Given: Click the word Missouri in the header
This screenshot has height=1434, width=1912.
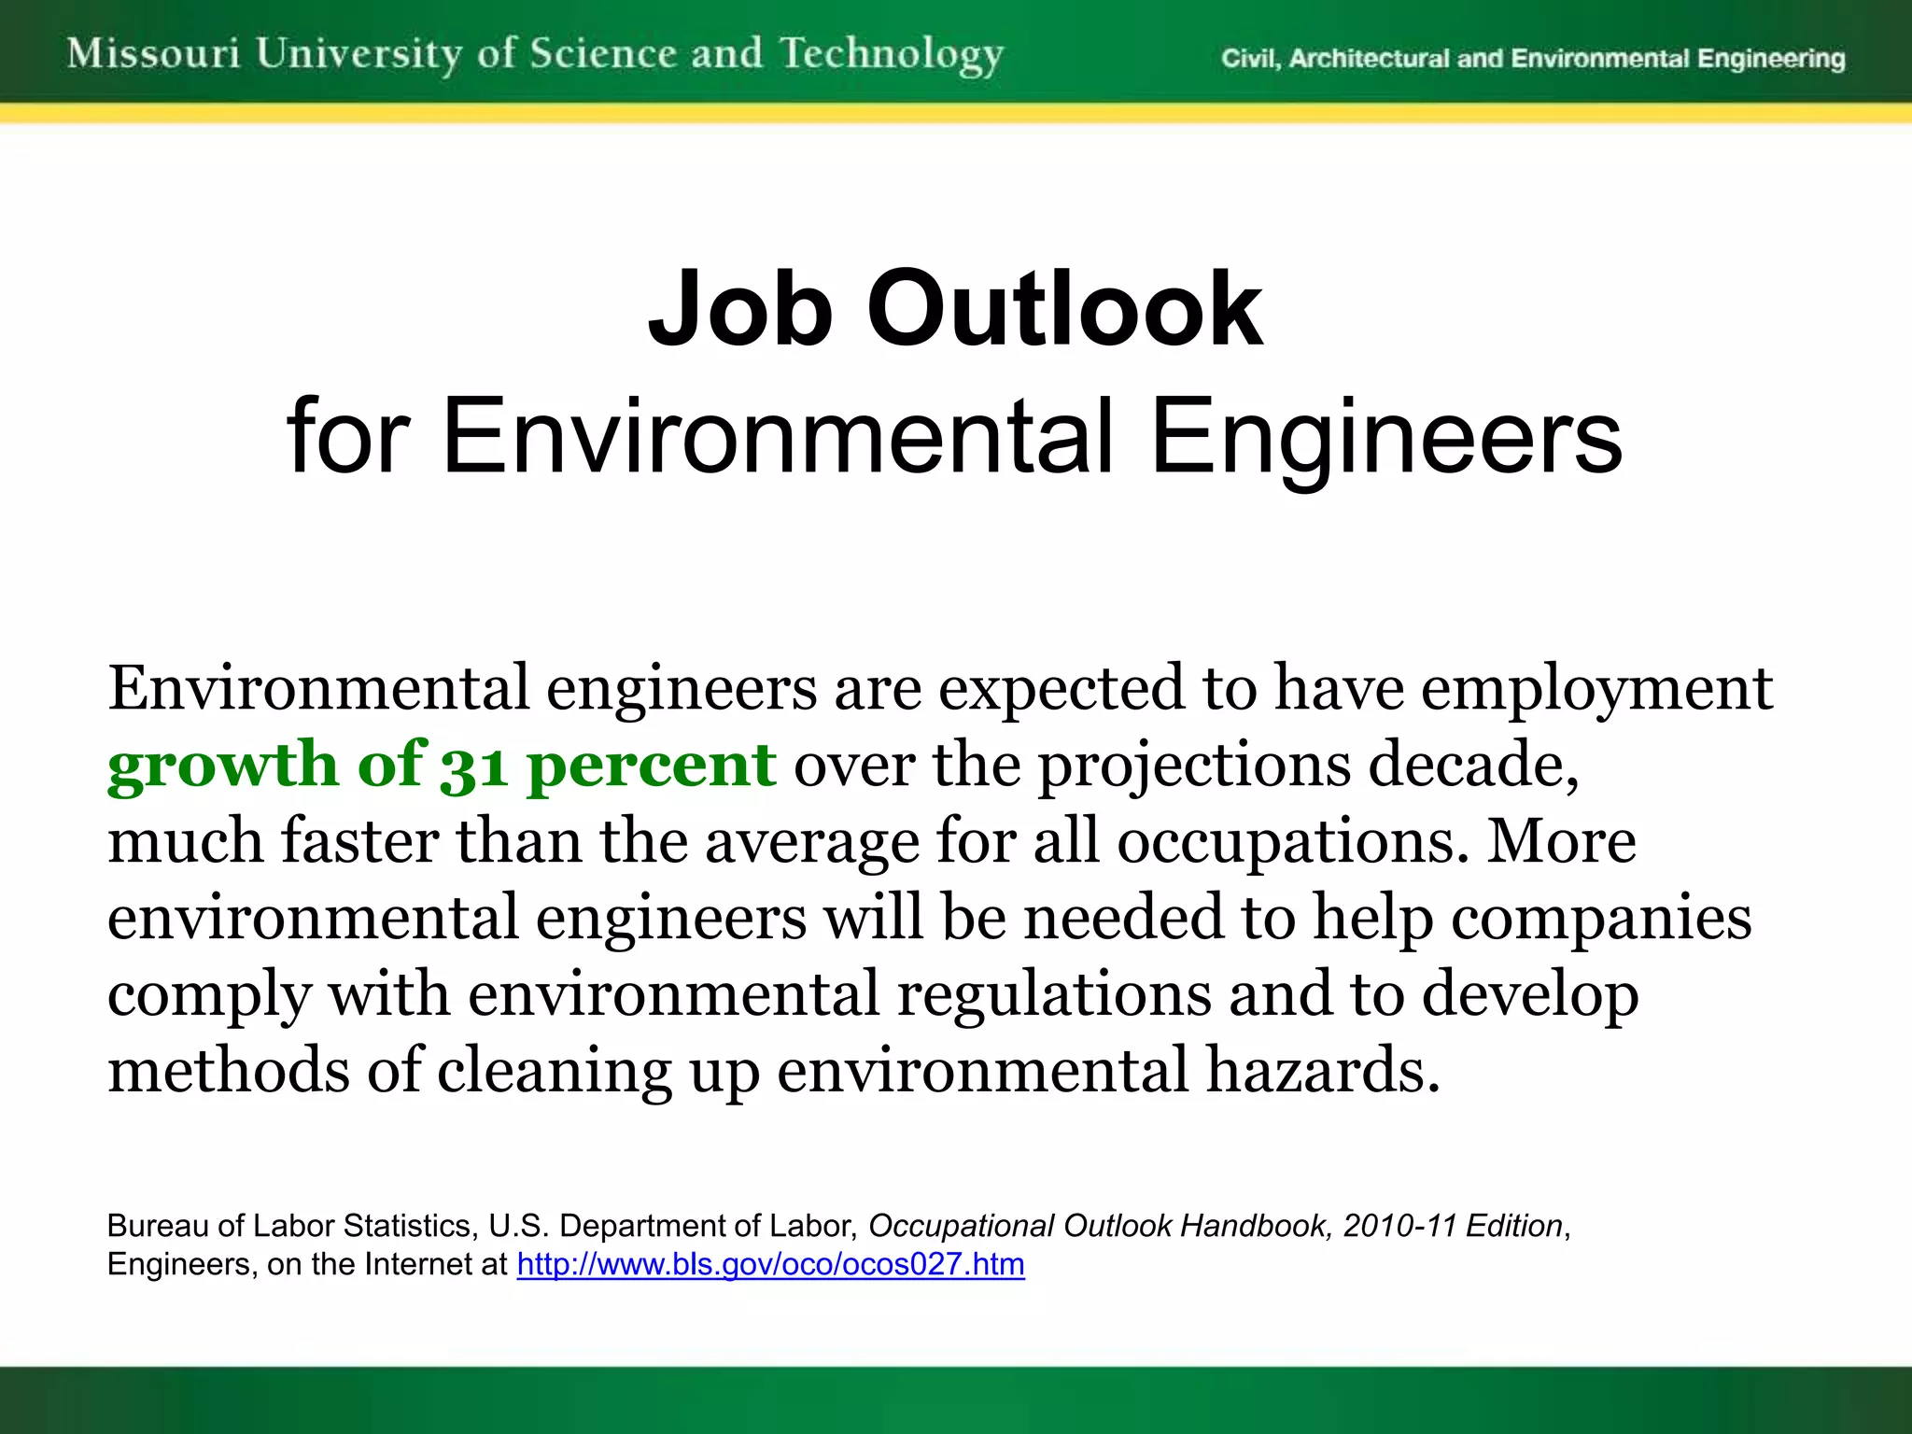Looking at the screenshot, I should point(154,53).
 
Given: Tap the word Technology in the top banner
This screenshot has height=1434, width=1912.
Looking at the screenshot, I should point(892,55).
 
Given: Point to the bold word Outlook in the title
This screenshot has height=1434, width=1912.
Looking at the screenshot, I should point(1064,309).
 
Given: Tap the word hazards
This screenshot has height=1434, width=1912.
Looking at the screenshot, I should point(1323,1071).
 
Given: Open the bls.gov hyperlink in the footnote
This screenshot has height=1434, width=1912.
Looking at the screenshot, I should point(770,1264).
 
